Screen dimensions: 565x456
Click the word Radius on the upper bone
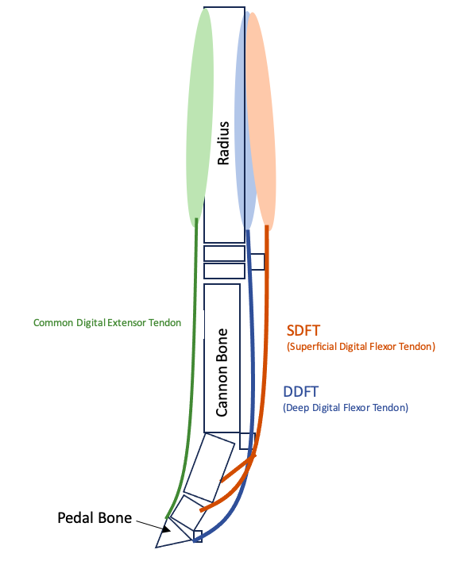tap(224, 143)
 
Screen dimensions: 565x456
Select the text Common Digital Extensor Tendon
tap(107, 323)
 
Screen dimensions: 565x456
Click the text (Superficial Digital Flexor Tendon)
tap(360, 347)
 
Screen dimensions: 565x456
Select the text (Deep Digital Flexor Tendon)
tap(346, 408)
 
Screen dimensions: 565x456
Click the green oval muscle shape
tap(199, 119)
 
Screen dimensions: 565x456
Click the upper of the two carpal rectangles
tap(224, 253)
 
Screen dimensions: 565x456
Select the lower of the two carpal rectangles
tap(224, 271)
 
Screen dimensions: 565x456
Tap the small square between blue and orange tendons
tap(257, 262)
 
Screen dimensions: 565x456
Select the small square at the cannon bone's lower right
tap(248, 440)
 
